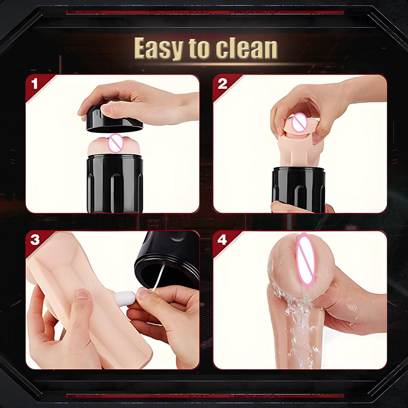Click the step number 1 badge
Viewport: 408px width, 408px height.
click(34, 84)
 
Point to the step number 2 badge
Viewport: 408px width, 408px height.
click(222, 84)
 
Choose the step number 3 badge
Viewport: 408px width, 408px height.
click(35, 239)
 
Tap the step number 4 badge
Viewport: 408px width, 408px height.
click(222, 239)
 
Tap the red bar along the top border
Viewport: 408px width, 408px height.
click(204, 12)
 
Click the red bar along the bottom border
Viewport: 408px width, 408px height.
click(204, 395)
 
